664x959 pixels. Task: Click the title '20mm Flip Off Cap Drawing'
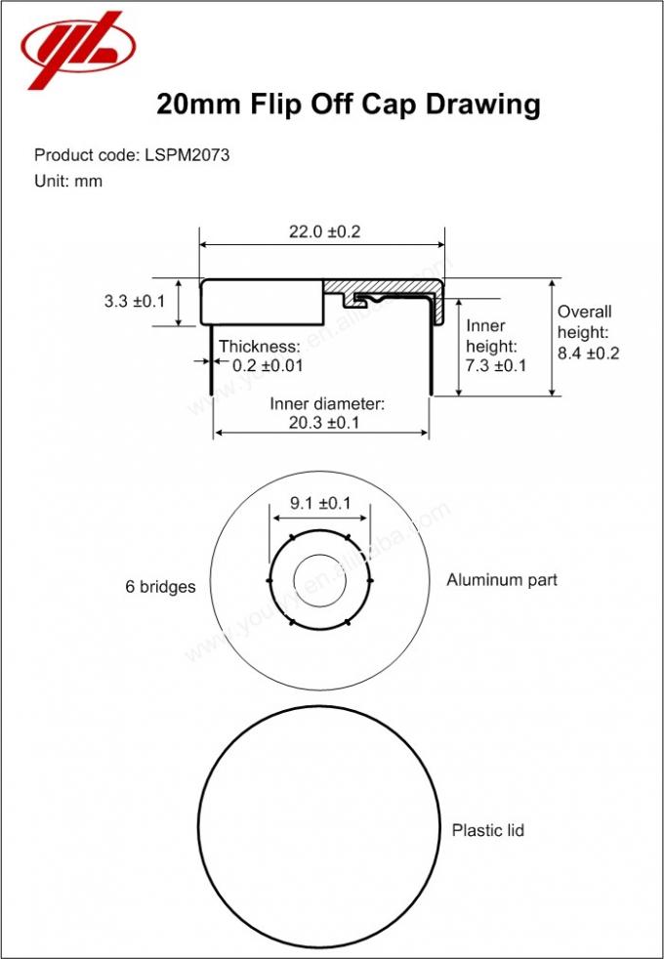point(349,104)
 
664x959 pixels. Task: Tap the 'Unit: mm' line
point(68,181)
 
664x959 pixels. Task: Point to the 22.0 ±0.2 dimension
point(324,231)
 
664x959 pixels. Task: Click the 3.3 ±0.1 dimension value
point(135,303)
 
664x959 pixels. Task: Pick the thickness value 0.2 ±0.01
point(268,366)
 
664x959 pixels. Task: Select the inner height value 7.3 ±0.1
point(496,366)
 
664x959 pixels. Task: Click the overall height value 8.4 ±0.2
point(588,354)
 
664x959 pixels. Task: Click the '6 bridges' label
point(160,587)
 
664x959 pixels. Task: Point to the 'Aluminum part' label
point(502,580)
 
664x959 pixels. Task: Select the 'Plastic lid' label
point(487,830)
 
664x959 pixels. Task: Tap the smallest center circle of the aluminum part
point(319,582)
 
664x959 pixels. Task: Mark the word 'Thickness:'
point(259,347)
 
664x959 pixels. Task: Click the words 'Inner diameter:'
point(327,403)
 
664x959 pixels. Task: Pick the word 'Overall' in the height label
point(584,312)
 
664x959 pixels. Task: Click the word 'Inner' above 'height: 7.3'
point(485,326)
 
